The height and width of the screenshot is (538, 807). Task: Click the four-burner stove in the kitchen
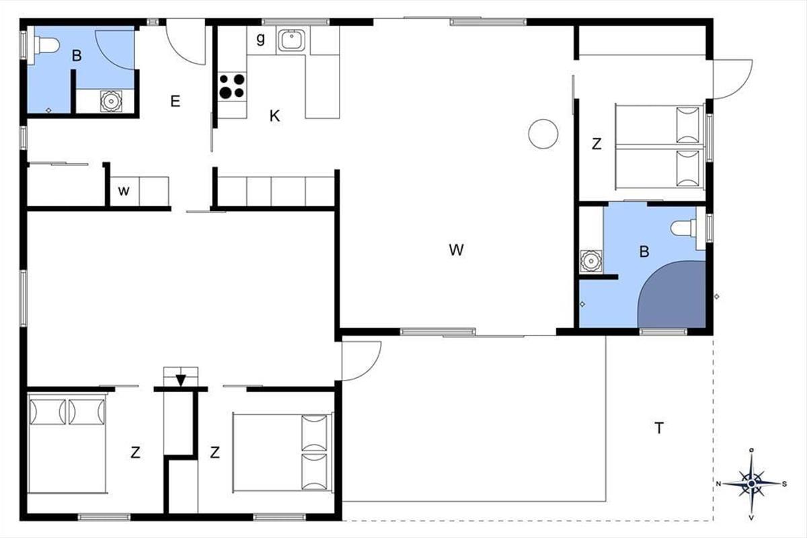click(x=232, y=87)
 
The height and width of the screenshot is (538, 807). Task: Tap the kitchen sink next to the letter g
click(x=291, y=40)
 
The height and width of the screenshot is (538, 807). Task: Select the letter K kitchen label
click(x=274, y=116)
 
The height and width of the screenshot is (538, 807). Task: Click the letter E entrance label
click(x=176, y=102)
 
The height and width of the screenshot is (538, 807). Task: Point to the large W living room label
click(x=456, y=249)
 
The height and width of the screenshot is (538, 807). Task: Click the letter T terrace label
click(x=659, y=428)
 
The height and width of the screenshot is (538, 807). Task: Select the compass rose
click(x=752, y=484)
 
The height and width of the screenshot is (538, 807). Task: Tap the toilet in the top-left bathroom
click(x=46, y=46)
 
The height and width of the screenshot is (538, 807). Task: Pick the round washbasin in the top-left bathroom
click(x=111, y=102)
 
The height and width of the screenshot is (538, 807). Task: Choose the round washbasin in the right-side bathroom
click(x=590, y=261)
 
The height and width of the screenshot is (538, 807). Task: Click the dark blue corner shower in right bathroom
click(x=672, y=295)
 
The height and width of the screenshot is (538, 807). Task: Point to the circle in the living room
click(x=543, y=134)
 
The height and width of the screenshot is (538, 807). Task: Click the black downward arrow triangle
click(x=181, y=381)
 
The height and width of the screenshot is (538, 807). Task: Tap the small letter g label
click(x=260, y=38)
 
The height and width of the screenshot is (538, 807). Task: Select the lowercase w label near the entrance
click(x=124, y=191)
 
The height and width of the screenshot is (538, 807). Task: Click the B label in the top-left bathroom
click(x=77, y=56)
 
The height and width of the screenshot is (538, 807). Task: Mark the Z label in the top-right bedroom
click(x=597, y=144)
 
